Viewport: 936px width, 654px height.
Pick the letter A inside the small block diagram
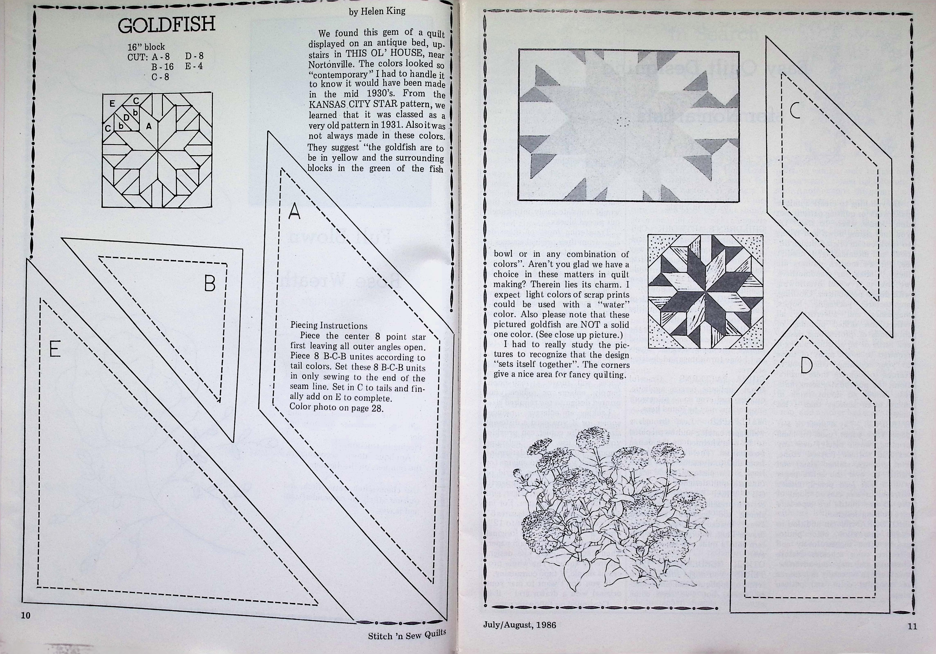(149, 126)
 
